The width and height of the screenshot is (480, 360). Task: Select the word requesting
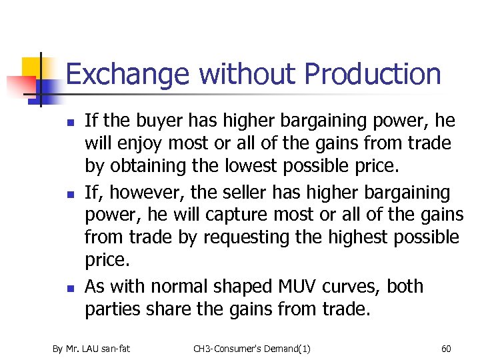tap(249, 237)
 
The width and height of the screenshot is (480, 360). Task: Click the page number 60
tap(446, 348)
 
